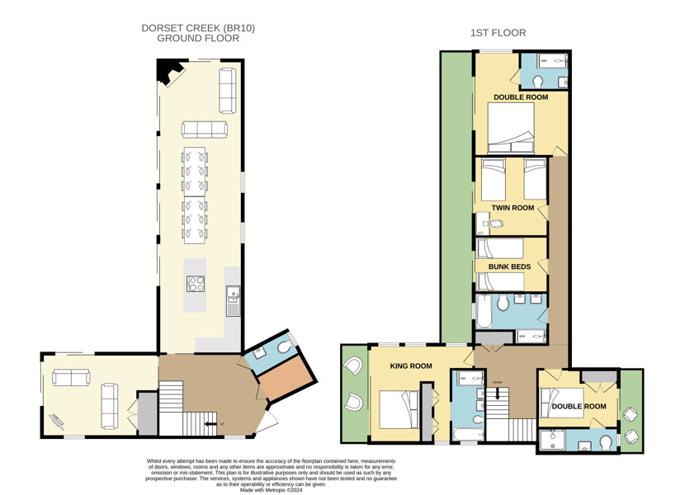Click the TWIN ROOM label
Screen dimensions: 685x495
[513, 208]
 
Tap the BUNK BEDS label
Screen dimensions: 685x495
[509, 266]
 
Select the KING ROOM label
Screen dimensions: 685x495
[411, 366]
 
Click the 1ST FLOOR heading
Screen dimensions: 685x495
[498, 33]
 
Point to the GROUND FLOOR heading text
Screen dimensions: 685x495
[198, 39]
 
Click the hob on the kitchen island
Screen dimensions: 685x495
[196, 284]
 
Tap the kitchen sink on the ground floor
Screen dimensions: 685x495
[233, 295]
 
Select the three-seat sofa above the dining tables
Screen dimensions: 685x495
[205, 130]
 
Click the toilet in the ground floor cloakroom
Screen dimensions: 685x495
[285, 347]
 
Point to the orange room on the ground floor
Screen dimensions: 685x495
[287, 377]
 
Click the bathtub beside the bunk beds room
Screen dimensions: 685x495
[484, 312]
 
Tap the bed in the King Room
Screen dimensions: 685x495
[399, 409]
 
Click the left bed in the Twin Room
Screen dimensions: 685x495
[494, 179]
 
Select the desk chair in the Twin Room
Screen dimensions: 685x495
[497, 224]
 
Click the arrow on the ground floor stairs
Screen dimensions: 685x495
[210, 424]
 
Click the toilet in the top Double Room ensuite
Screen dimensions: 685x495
[537, 82]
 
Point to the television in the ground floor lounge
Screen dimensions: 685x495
[58, 419]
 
